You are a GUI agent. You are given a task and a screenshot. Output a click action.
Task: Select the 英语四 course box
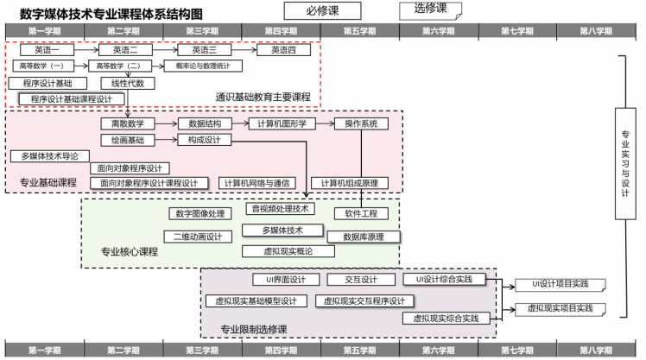[284, 50]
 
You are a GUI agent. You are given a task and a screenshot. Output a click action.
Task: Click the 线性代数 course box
[128, 84]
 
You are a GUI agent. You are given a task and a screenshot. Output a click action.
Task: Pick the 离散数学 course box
[128, 124]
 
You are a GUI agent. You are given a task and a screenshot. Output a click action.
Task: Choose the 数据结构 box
[205, 124]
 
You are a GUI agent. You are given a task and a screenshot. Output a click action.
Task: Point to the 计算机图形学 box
[282, 124]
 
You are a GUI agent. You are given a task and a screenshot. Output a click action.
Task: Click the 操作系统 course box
[361, 124]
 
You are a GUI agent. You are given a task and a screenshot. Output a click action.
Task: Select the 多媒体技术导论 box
[50, 156]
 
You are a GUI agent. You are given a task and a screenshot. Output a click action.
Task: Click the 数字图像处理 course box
[199, 213]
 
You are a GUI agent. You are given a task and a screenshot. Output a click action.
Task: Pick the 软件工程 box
[361, 213]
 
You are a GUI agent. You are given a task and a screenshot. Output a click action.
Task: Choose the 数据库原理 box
[364, 236]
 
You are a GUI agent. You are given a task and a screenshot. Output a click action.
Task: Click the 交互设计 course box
[361, 280]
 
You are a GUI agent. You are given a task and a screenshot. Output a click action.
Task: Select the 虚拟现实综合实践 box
[446, 319]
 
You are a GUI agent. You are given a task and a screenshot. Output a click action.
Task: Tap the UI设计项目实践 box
[560, 285]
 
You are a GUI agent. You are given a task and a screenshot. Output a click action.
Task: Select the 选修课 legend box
[430, 10]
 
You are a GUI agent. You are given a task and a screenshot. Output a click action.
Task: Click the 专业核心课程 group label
[130, 252]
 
